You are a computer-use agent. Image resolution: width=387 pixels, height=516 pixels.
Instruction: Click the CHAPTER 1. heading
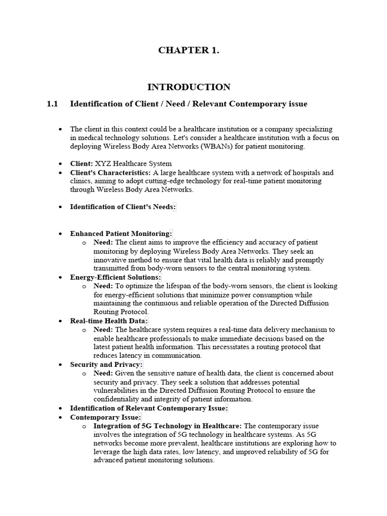[x=189, y=50]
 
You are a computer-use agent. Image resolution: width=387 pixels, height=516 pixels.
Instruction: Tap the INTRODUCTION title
[x=193, y=87]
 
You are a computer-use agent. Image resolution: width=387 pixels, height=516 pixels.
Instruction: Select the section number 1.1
[x=52, y=104]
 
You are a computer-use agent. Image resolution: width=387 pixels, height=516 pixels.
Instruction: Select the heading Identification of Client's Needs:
[x=122, y=207]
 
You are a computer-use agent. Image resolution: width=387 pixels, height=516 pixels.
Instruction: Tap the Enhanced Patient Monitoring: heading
[x=121, y=233]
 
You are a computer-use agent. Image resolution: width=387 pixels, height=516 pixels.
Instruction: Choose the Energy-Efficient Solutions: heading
[x=115, y=277]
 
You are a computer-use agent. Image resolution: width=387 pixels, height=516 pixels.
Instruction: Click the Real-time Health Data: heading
[x=109, y=320]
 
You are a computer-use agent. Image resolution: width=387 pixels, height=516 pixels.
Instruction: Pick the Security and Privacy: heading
[x=106, y=364]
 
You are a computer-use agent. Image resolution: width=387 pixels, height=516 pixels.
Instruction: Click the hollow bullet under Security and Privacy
[x=84, y=373]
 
